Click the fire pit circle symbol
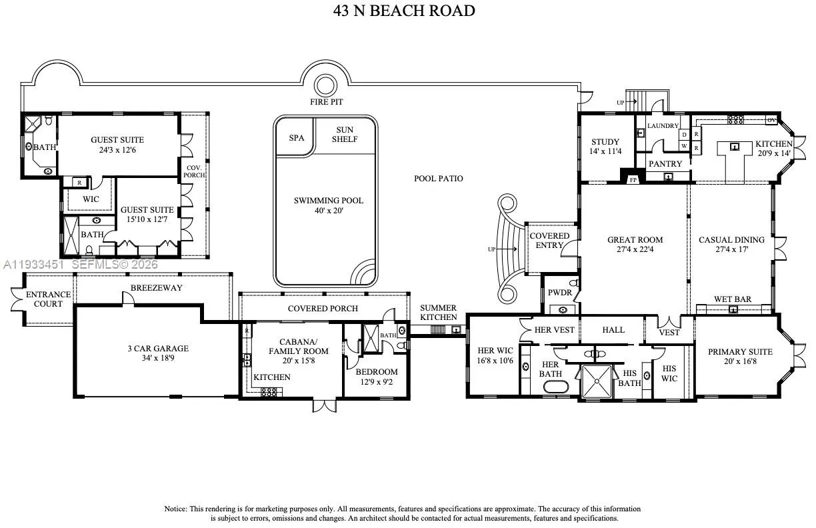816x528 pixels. pos(325,85)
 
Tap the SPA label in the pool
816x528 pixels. pos(297,138)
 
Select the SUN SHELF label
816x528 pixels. pos(345,135)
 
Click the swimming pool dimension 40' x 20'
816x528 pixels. pos(329,211)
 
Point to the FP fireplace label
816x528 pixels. pos(633,180)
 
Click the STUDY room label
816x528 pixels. pos(605,142)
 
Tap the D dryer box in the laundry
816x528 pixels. pos(684,135)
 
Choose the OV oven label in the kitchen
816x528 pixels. pos(771,120)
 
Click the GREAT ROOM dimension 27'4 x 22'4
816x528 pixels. pos(635,249)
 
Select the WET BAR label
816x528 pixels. pos(733,299)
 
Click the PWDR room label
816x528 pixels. pos(560,293)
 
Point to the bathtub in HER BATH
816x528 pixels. pos(555,387)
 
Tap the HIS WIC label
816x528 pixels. pos(669,373)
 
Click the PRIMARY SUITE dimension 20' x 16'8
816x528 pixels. pos(740,361)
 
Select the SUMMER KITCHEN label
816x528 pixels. pos(438,313)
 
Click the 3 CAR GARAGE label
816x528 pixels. pos(158,349)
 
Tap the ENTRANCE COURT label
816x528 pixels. pos(48,299)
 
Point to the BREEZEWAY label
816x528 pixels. pos(156,288)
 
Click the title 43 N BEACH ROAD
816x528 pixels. pos(404,11)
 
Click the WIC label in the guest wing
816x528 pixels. pos(91,199)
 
